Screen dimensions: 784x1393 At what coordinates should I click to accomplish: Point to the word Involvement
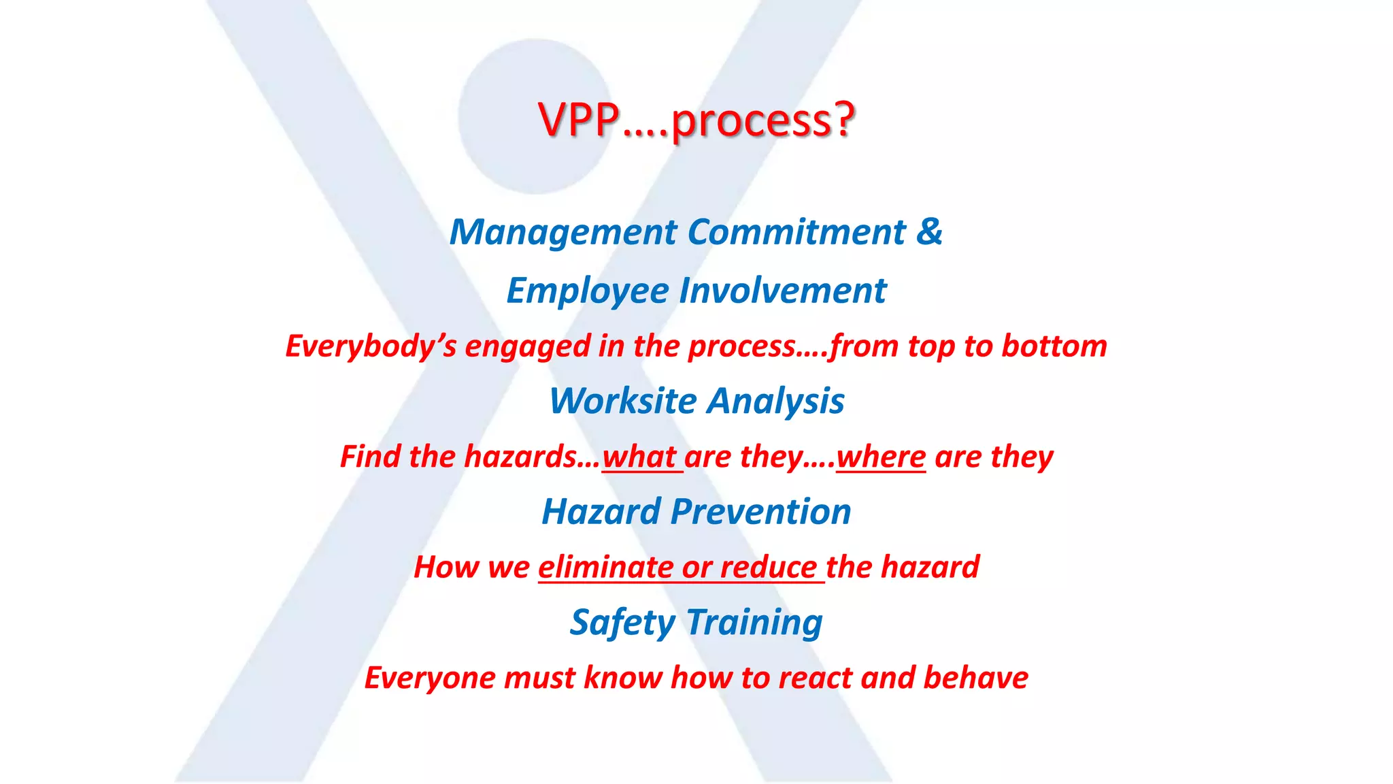783,291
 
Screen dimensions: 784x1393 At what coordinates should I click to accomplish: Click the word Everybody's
371,346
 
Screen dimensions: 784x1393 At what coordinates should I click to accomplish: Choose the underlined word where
881,457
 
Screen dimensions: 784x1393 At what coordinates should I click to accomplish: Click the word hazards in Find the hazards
520,457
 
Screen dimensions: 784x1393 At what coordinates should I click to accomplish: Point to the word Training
754,623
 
